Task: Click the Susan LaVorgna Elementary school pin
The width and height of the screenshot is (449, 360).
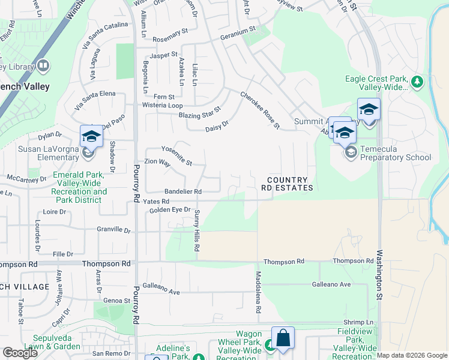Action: (91, 136)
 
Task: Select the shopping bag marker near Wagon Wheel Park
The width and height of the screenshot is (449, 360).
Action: (283, 338)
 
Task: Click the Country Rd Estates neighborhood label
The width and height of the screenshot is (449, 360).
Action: (287, 184)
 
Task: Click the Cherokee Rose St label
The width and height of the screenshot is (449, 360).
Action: (261, 110)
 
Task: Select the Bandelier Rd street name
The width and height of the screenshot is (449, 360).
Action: (182, 191)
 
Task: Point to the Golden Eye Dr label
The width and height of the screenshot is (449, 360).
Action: (170, 210)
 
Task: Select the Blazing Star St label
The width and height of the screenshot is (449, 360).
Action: (199, 112)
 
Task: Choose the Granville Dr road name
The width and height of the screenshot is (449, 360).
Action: (113, 229)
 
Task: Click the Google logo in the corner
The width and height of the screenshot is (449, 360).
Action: (20, 353)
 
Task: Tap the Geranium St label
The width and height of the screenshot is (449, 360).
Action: (238, 28)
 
